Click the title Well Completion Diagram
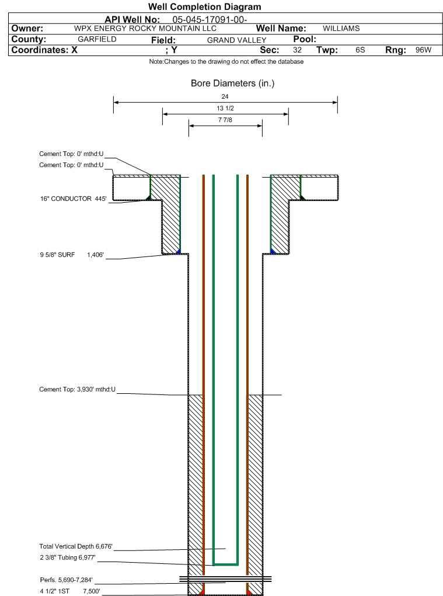tap(204, 7)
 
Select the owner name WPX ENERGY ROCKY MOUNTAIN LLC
tap(145, 28)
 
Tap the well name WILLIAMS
tap(341, 28)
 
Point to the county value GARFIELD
tap(97, 39)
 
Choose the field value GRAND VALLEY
tap(236, 40)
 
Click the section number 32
tap(297, 50)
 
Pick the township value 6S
tap(360, 50)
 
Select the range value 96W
tap(423, 50)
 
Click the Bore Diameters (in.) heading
tap(232, 84)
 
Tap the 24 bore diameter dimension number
tap(225, 96)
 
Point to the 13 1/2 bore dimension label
tap(225, 109)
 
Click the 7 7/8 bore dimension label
tap(225, 120)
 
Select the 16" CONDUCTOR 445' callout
tap(71, 199)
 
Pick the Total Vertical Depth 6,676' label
tap(75, 546)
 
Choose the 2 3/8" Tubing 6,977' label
tap(67, 558)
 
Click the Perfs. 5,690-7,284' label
tap(66, 580)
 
